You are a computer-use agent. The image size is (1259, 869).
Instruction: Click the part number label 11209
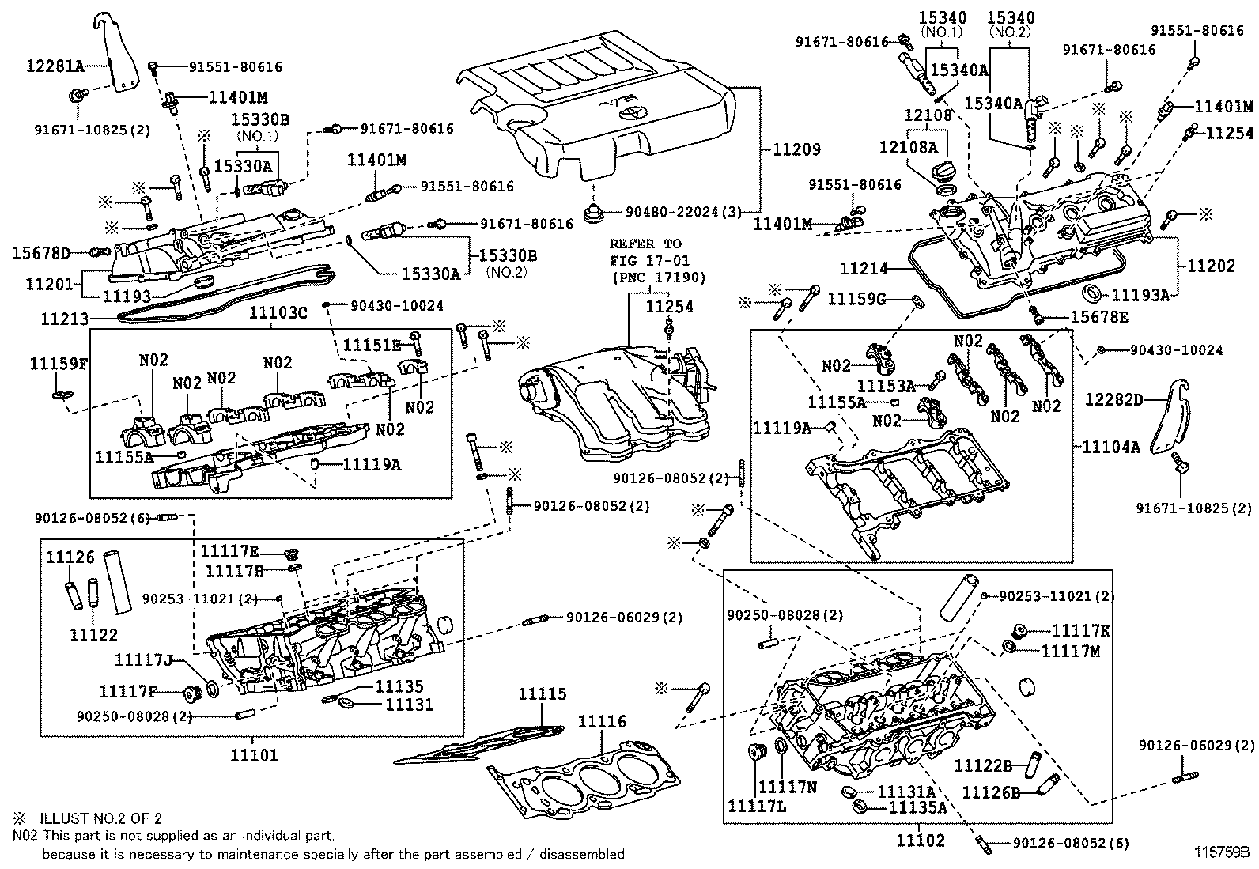[797, 149]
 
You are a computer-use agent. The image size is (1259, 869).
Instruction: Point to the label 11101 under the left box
[254, 755]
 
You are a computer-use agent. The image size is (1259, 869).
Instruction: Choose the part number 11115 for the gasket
[543, 694]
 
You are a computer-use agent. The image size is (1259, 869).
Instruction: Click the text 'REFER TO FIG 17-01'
[645, 251]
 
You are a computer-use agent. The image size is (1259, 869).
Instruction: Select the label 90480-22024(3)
[684, 212]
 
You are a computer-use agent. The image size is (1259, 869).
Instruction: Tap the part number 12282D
[1113, 400]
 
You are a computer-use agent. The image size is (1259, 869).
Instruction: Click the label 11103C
[278, 312]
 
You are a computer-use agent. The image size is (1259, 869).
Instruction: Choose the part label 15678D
[41, 253]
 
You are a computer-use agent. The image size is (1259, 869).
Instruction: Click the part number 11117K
[1081, 630]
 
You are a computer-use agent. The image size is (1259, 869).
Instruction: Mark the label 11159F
[59, 364]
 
